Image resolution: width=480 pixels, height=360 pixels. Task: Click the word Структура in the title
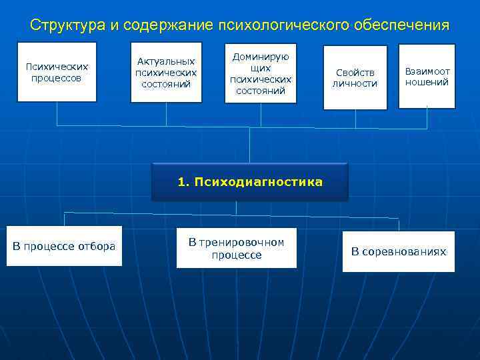(x=67, y=25)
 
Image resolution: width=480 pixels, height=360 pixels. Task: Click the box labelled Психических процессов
(x=57, y=72)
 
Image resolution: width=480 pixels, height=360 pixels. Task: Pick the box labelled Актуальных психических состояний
(x=166, y=72)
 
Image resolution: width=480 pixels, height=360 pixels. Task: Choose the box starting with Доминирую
(x=261, y=73)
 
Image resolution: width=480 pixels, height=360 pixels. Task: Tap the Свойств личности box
(x=355, y=77)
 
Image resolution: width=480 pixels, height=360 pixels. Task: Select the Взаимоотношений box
(x=427, y=76)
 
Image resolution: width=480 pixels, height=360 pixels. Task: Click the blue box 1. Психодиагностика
(x=250, y=182)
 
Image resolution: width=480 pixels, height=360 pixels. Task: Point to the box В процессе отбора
(x=64, y=246)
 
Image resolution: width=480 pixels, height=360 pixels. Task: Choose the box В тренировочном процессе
(x=236, y=248)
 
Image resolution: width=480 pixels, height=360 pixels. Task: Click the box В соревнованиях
(x=399, y=251)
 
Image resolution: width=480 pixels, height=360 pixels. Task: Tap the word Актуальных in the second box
(x=166, y=61)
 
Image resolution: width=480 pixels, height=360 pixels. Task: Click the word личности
(x=355, y=83)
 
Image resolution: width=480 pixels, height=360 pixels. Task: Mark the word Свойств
(x=355, y=72)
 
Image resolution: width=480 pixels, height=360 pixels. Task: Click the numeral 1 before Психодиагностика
(x=181, y=182)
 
